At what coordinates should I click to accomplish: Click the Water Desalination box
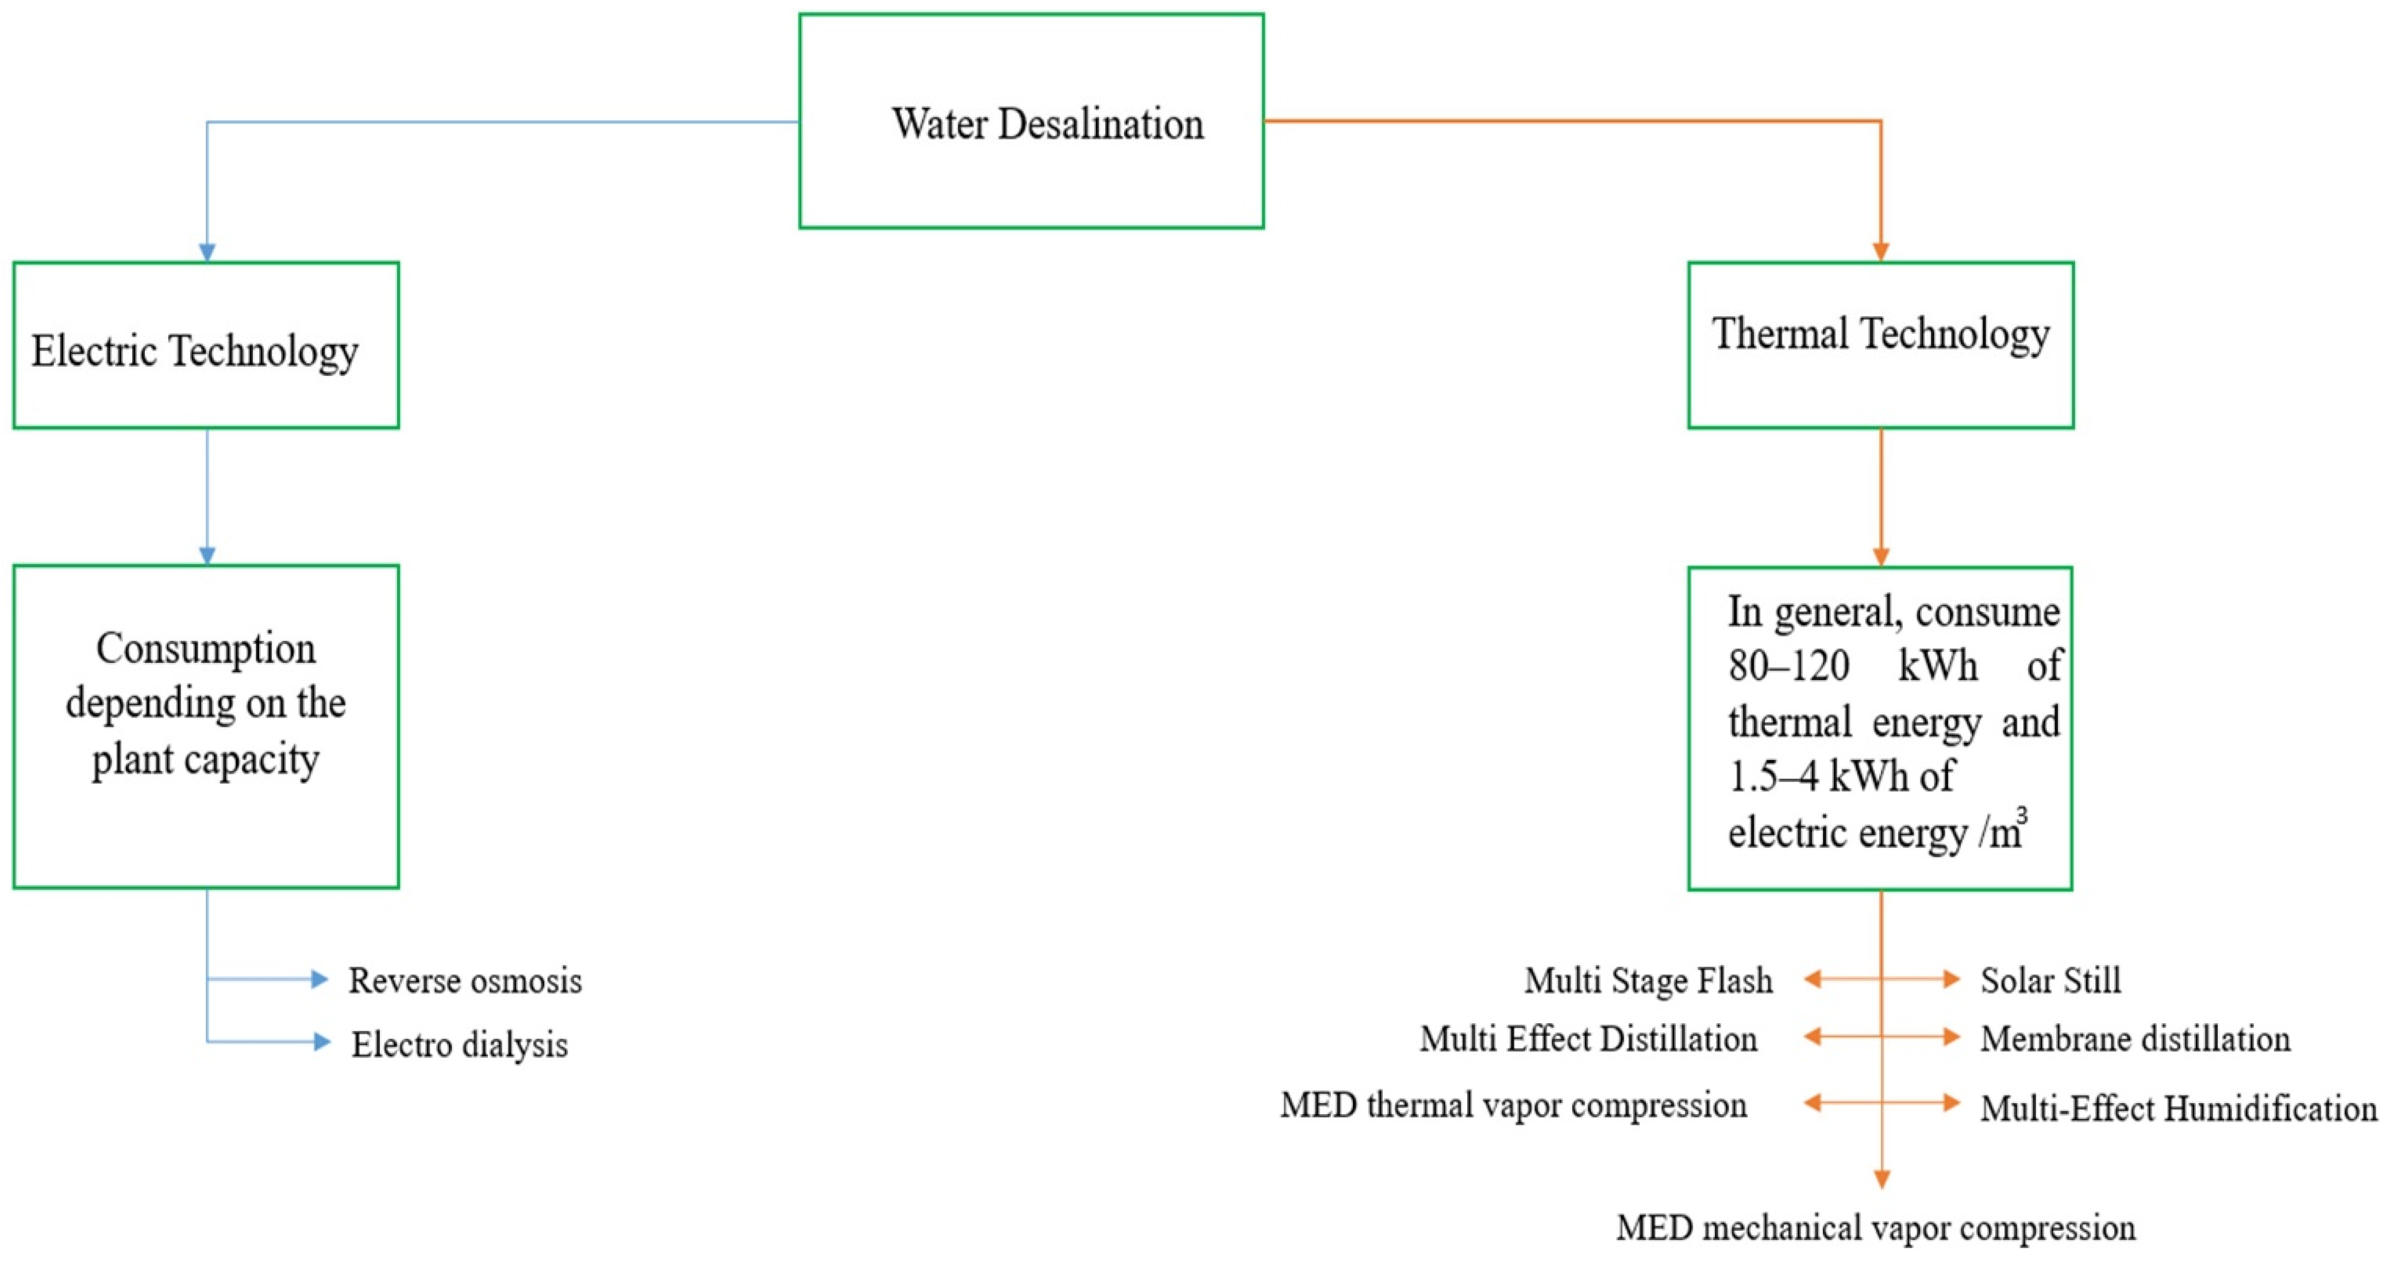(x=1031, y=121)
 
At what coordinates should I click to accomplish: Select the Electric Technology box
(x=206, y=345)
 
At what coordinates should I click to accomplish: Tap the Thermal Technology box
(x=1880, y=345)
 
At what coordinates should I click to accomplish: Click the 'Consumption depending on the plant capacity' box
(x=206, y=726)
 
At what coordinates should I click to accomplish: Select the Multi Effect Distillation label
(x=1588, y=1039)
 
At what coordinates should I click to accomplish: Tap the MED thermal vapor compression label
(x=1513, y=1105)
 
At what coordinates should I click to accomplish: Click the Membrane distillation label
(x=2134, y=1039)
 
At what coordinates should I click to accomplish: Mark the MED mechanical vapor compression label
(x=1876, y=1228)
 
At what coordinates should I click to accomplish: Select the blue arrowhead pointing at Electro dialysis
(x=321, y=1042)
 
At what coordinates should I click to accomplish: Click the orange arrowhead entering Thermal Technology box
(x=1880, y=251)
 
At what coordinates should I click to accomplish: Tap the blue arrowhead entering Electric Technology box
(x=206, y=252)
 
